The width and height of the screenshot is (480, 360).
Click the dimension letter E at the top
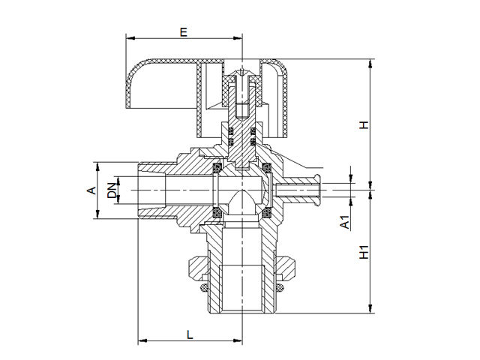183,31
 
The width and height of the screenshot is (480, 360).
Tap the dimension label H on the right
364,124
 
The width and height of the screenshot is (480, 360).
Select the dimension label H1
364,252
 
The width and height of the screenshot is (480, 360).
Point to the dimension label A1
344,222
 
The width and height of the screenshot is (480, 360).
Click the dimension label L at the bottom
190,334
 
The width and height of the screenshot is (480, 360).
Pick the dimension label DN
112,190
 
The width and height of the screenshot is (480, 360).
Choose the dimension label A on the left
91,190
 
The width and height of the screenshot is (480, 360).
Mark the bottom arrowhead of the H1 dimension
371,310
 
